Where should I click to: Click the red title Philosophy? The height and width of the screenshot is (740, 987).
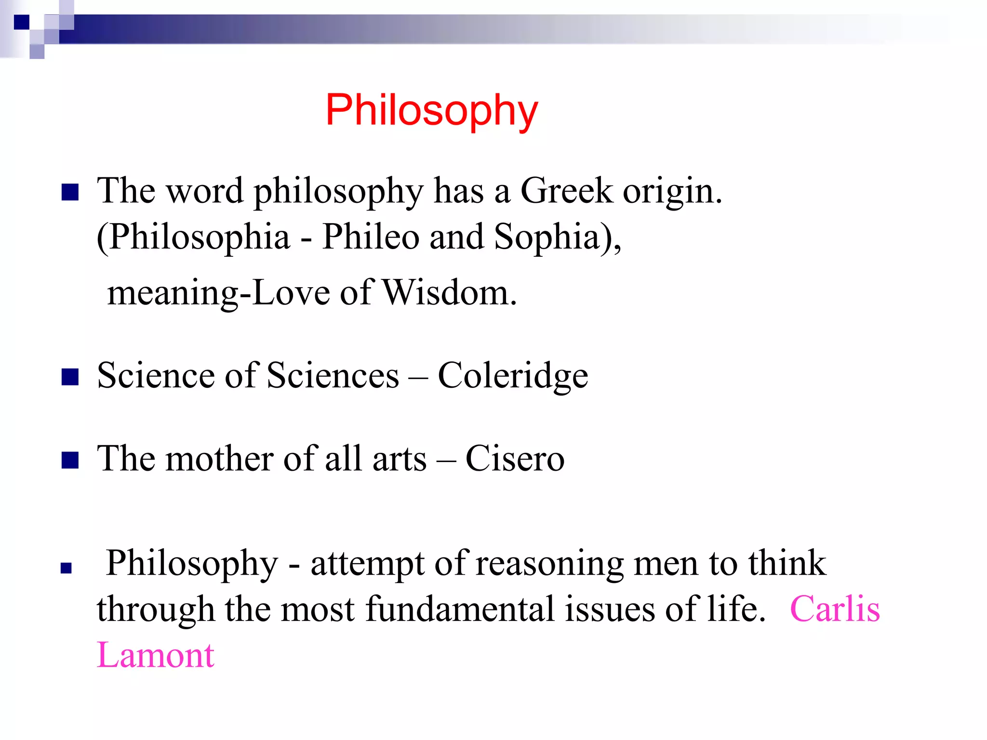431,111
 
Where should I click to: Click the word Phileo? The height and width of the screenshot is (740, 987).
370,237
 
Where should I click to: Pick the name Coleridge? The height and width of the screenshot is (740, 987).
513,376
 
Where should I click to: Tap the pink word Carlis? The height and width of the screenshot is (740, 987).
835,609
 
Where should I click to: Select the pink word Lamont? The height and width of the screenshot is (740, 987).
155,655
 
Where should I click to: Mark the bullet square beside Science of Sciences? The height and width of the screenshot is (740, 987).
70,377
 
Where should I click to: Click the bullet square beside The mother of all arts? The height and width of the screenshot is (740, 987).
70,460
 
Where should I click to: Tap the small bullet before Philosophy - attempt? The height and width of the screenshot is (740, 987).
66,568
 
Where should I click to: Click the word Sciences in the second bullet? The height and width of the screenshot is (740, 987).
333,376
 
